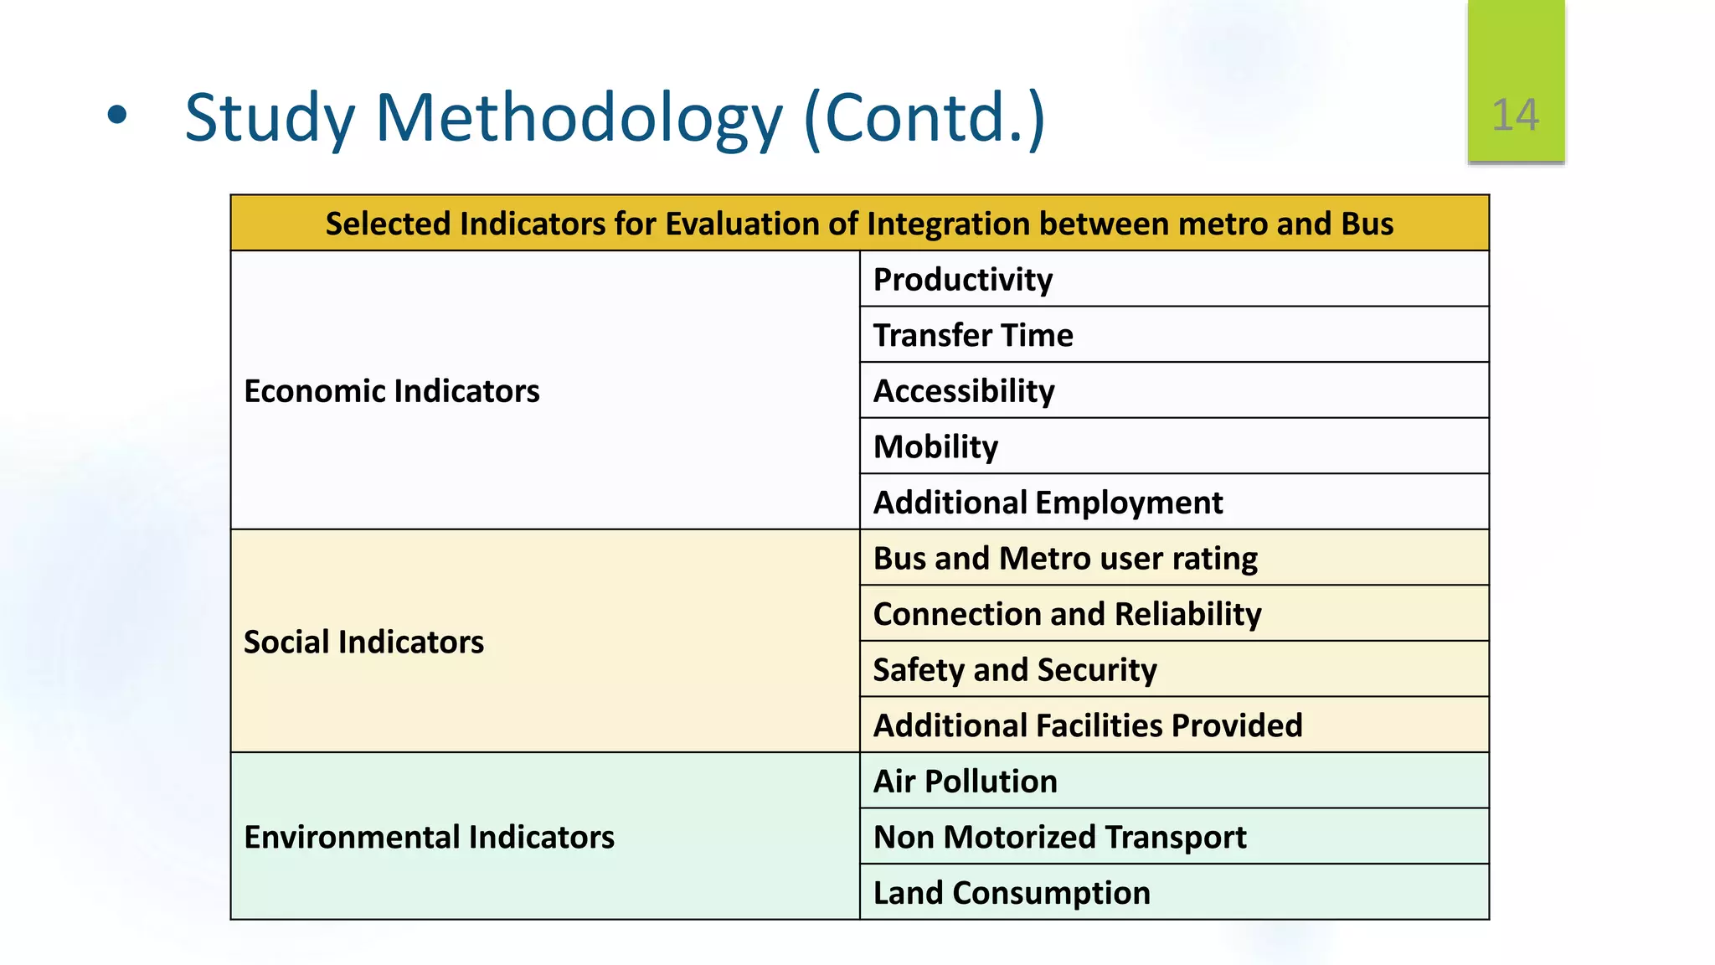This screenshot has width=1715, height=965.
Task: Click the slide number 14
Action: pos(1515,115)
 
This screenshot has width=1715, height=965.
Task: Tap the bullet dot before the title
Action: pos(117,116)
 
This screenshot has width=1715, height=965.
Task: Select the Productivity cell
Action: pos(963,280)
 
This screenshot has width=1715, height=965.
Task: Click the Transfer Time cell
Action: pos(973,335)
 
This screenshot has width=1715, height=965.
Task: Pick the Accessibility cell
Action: pos(964,391)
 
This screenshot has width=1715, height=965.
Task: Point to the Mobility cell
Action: pos(935,447)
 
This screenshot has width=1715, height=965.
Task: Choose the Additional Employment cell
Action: pos(1048,503)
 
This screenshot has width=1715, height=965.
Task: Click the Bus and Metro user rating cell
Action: pos(1065,559)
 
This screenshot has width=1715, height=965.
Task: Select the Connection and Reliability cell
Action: pos(1067,614)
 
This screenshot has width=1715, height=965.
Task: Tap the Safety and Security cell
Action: pos(1015,670)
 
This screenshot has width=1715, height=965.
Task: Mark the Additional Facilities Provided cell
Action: pos(1088,725)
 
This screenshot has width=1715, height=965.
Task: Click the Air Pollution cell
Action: pos(965,782)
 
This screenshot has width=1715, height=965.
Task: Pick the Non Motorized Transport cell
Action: pos(1059,838)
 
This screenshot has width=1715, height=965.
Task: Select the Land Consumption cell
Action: pos(1012,893)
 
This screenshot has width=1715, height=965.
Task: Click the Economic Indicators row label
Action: pos(392,391)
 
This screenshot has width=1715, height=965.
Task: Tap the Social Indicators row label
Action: pos(363,642)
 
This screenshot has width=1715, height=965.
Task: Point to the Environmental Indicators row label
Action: pos(429,838)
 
